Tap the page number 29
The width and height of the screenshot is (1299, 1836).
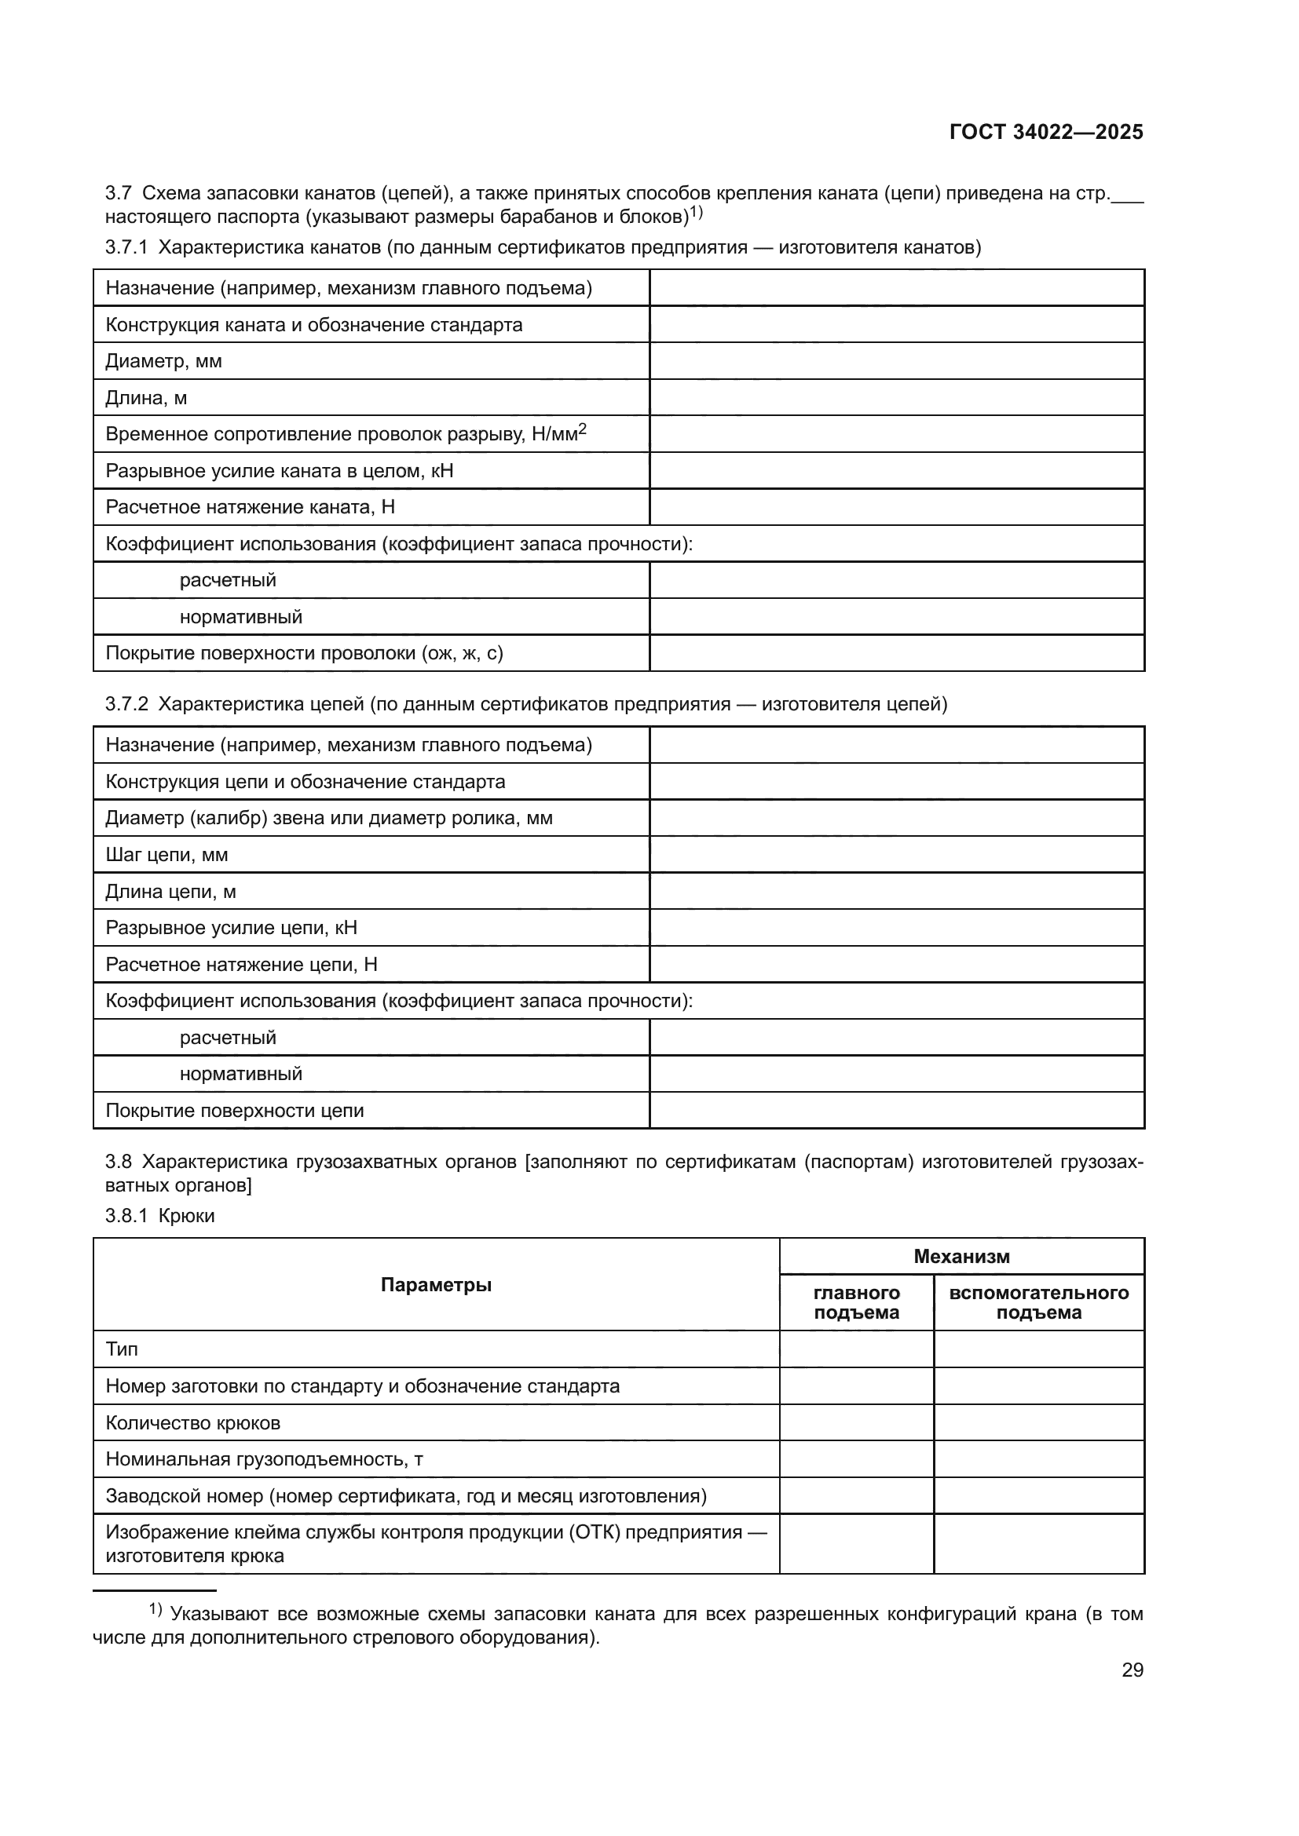(1132, 1670)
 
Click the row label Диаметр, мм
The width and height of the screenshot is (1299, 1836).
(164, 361)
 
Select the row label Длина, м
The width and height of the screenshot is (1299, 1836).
(146, 398)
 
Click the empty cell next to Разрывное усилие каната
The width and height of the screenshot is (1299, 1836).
(896, 471)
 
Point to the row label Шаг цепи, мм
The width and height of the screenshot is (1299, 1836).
(166, 855)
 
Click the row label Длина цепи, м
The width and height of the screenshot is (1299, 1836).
(170, 892)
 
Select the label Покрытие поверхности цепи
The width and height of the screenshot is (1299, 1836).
(234, 1111)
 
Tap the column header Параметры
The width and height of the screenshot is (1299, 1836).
(436, 1285)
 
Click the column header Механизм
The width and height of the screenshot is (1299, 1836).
(961, 1256)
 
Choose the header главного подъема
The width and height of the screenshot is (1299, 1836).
(856, 1303)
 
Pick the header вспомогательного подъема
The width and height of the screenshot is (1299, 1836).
(1038, 1303)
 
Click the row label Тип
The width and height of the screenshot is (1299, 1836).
(122, 1350)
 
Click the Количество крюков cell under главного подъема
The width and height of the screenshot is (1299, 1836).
(856, 1423)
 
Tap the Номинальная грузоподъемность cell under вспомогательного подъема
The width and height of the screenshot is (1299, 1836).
(1038, 1459)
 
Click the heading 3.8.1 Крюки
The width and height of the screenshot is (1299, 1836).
(160, 1216)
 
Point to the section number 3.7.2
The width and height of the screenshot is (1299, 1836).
(126, 704)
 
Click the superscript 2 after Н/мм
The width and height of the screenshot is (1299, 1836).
(583, 429)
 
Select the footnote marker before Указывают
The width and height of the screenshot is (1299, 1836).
(156, 1609)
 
